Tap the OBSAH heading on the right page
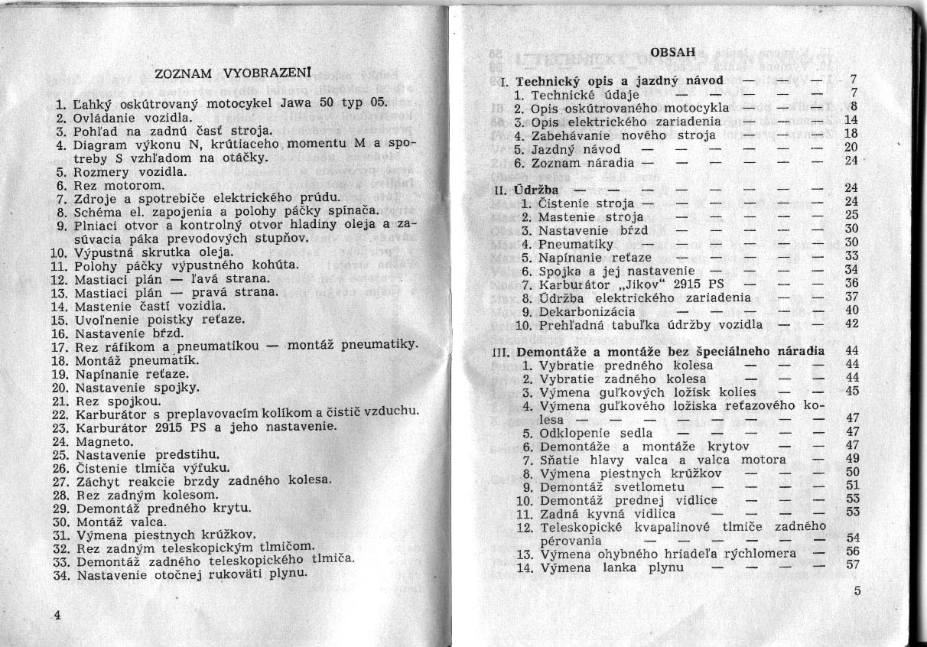(672, 52)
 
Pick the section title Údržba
(535, 188)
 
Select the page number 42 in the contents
(853, 323)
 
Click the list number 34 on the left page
(62, 573)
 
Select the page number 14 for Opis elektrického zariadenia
(853, 121)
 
